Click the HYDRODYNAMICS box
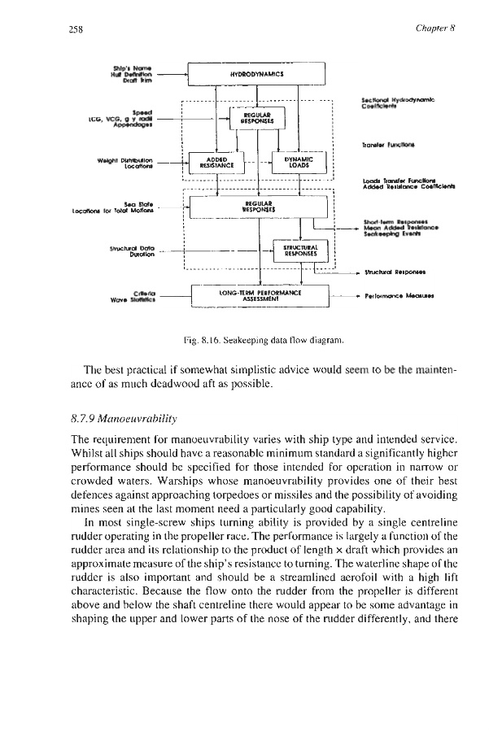255,73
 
